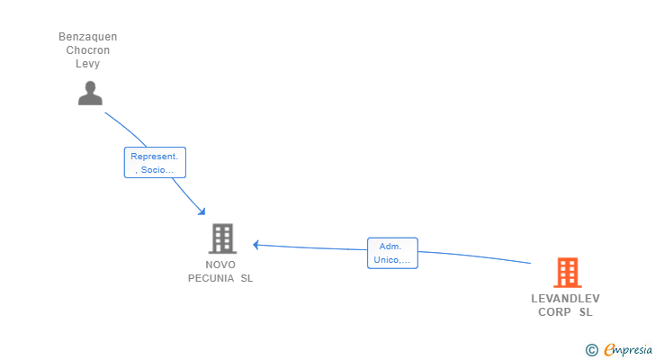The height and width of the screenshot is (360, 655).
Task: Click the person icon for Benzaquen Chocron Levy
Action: (x=90, y=93)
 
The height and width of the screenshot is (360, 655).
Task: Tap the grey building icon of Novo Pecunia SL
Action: (x=222, y=238)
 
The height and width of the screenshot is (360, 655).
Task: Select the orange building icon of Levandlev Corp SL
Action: (x=567, y=272)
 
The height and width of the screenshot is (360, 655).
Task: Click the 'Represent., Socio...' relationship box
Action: (x=155, y=163)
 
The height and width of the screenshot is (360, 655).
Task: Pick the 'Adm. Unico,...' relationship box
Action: (x=393, y=253)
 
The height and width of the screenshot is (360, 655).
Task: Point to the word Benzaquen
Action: (x=88, y=37)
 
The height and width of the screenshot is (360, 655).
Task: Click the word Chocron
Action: (x=88, y=50)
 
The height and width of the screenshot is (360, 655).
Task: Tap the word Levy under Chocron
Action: (x=88, y=64)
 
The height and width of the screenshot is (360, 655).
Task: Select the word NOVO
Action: (x=220, y=265)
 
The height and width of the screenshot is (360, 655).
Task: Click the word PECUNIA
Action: (x=211, y=278)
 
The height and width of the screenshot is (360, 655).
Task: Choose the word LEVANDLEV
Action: (x=565, y=299)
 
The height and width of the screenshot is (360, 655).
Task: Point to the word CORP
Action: (x=554, y=312)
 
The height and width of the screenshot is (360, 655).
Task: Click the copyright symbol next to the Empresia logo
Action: (x=591, y=350)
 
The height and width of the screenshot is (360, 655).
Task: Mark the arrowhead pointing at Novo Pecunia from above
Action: (x=202, y=211)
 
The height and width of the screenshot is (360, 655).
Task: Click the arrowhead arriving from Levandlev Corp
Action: (x=256, y=244)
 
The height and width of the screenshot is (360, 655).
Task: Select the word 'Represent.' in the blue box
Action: (x=155, y=157)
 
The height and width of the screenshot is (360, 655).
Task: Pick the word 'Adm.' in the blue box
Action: (x=390, y=247)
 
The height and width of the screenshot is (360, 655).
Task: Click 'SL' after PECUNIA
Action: (x=246, y=278)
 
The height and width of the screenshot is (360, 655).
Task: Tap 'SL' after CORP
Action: (x=586, y=312)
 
